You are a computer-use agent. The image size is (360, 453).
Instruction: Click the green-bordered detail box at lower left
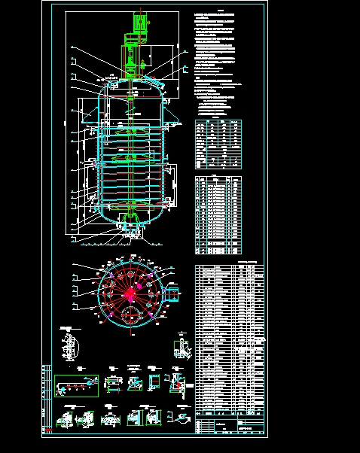[76, 384]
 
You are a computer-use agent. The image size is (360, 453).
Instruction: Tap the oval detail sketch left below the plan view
[70, 349]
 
